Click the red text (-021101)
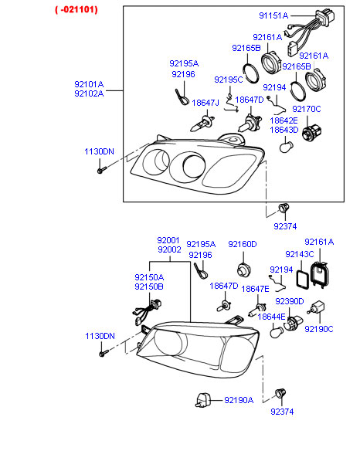point(76,10)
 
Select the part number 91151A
point(273,15)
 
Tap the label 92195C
point(229,80)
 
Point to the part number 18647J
point(205,103)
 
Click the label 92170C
point(307,109)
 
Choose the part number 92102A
point(89,93)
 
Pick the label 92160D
point(243,244)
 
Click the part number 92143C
point(300,254)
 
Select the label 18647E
point(255,289)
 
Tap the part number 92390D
point(290,301)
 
